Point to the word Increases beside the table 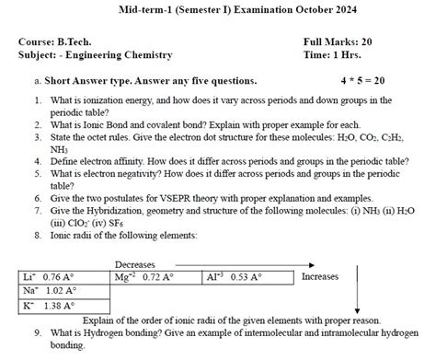point(321,276)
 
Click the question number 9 point(35,332)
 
